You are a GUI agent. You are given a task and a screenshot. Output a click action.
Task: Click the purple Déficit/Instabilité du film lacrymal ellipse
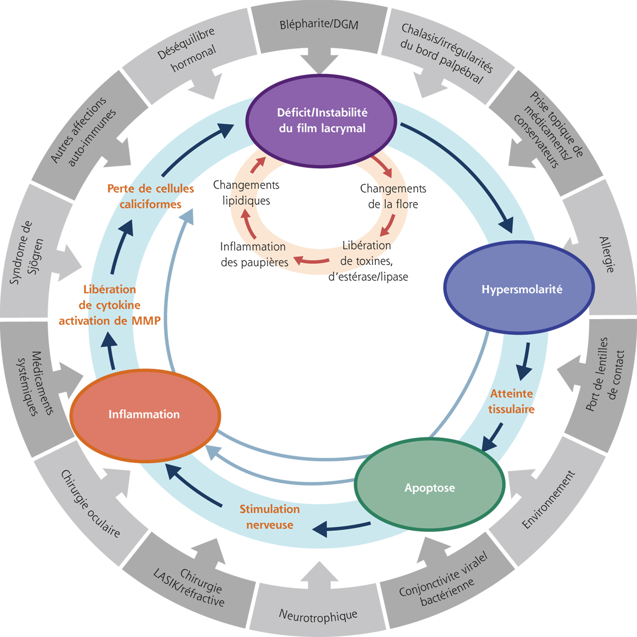[322, 121]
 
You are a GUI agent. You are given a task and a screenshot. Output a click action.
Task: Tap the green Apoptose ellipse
[429, 488]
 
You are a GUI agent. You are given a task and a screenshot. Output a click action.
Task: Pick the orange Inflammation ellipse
[144, 414]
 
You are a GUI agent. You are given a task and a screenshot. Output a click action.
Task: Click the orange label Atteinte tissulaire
[511, 401]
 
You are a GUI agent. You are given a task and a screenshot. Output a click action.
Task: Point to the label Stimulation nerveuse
[270, 517]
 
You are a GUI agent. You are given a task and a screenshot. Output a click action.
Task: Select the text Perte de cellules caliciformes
[151, 196]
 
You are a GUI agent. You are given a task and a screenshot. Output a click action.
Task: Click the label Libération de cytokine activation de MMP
[110, 305]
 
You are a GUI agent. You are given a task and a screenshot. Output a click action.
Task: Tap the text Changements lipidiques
[246, 193]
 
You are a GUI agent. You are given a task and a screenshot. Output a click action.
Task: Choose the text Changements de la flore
[393, 196]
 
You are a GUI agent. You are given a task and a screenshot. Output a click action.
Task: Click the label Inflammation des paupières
[254, 254]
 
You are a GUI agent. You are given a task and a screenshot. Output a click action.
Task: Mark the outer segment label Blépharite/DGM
[319, 24]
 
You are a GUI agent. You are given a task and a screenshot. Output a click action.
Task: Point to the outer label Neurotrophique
[318, 615]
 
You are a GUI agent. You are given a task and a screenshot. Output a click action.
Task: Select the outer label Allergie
[607, 255]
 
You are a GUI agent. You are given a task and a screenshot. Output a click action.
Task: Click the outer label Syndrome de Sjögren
[28, 253]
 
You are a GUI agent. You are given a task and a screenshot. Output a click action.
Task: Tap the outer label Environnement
[548, 500]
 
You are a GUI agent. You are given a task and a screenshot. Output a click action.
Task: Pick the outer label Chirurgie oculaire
[90, 504]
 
